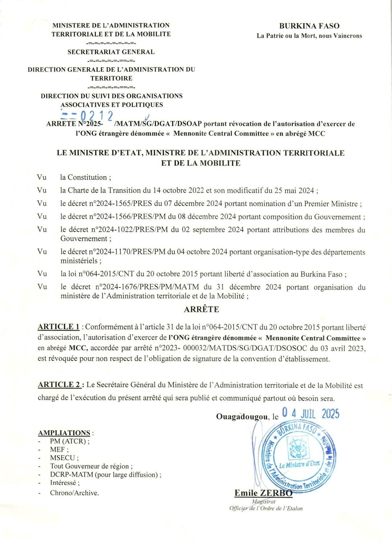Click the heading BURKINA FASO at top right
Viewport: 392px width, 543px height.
309,26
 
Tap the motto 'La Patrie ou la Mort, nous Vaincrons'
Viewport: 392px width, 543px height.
309,36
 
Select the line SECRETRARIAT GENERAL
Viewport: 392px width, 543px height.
111,52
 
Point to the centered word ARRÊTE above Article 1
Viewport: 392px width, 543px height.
201,309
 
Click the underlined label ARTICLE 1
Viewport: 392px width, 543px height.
58,327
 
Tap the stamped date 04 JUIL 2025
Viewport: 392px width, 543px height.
310,414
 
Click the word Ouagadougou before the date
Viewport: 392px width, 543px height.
242,416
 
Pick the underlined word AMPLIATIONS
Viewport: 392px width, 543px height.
64,433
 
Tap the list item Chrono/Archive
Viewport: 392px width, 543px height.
74,493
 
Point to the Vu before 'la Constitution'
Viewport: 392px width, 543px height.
42,177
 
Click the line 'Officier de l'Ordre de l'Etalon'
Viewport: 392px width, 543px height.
266,509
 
